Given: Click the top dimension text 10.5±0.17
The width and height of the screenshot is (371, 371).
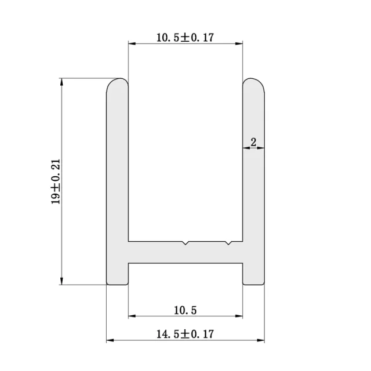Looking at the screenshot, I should click(185, 38).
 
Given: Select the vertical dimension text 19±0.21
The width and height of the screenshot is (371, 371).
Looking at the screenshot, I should click(56, 181).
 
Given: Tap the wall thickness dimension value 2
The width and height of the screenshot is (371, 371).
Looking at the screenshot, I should click(253, 141).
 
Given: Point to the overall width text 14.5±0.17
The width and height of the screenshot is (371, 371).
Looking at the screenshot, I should click(185, 334).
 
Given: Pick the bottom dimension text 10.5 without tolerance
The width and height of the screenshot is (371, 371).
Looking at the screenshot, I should click(185, 310).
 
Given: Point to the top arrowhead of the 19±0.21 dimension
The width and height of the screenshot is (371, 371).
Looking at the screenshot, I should click(61, 81).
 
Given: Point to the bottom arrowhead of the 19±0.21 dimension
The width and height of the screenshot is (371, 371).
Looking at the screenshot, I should click(61, 281).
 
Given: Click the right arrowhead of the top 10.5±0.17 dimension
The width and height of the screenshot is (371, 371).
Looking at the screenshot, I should click(239, 43).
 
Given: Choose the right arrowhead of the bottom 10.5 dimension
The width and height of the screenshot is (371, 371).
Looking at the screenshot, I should click(239, 317).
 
